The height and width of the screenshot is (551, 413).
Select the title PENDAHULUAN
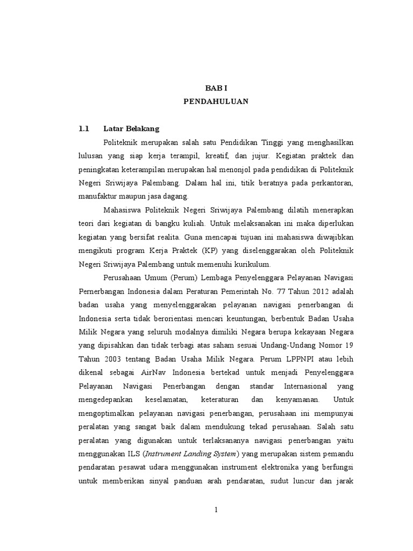(x=216, y=101)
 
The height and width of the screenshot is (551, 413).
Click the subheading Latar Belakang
(x=131, y=129)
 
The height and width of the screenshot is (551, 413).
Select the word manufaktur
(x=96, y=196)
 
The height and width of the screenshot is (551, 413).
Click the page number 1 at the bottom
(x=216, y=510)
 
